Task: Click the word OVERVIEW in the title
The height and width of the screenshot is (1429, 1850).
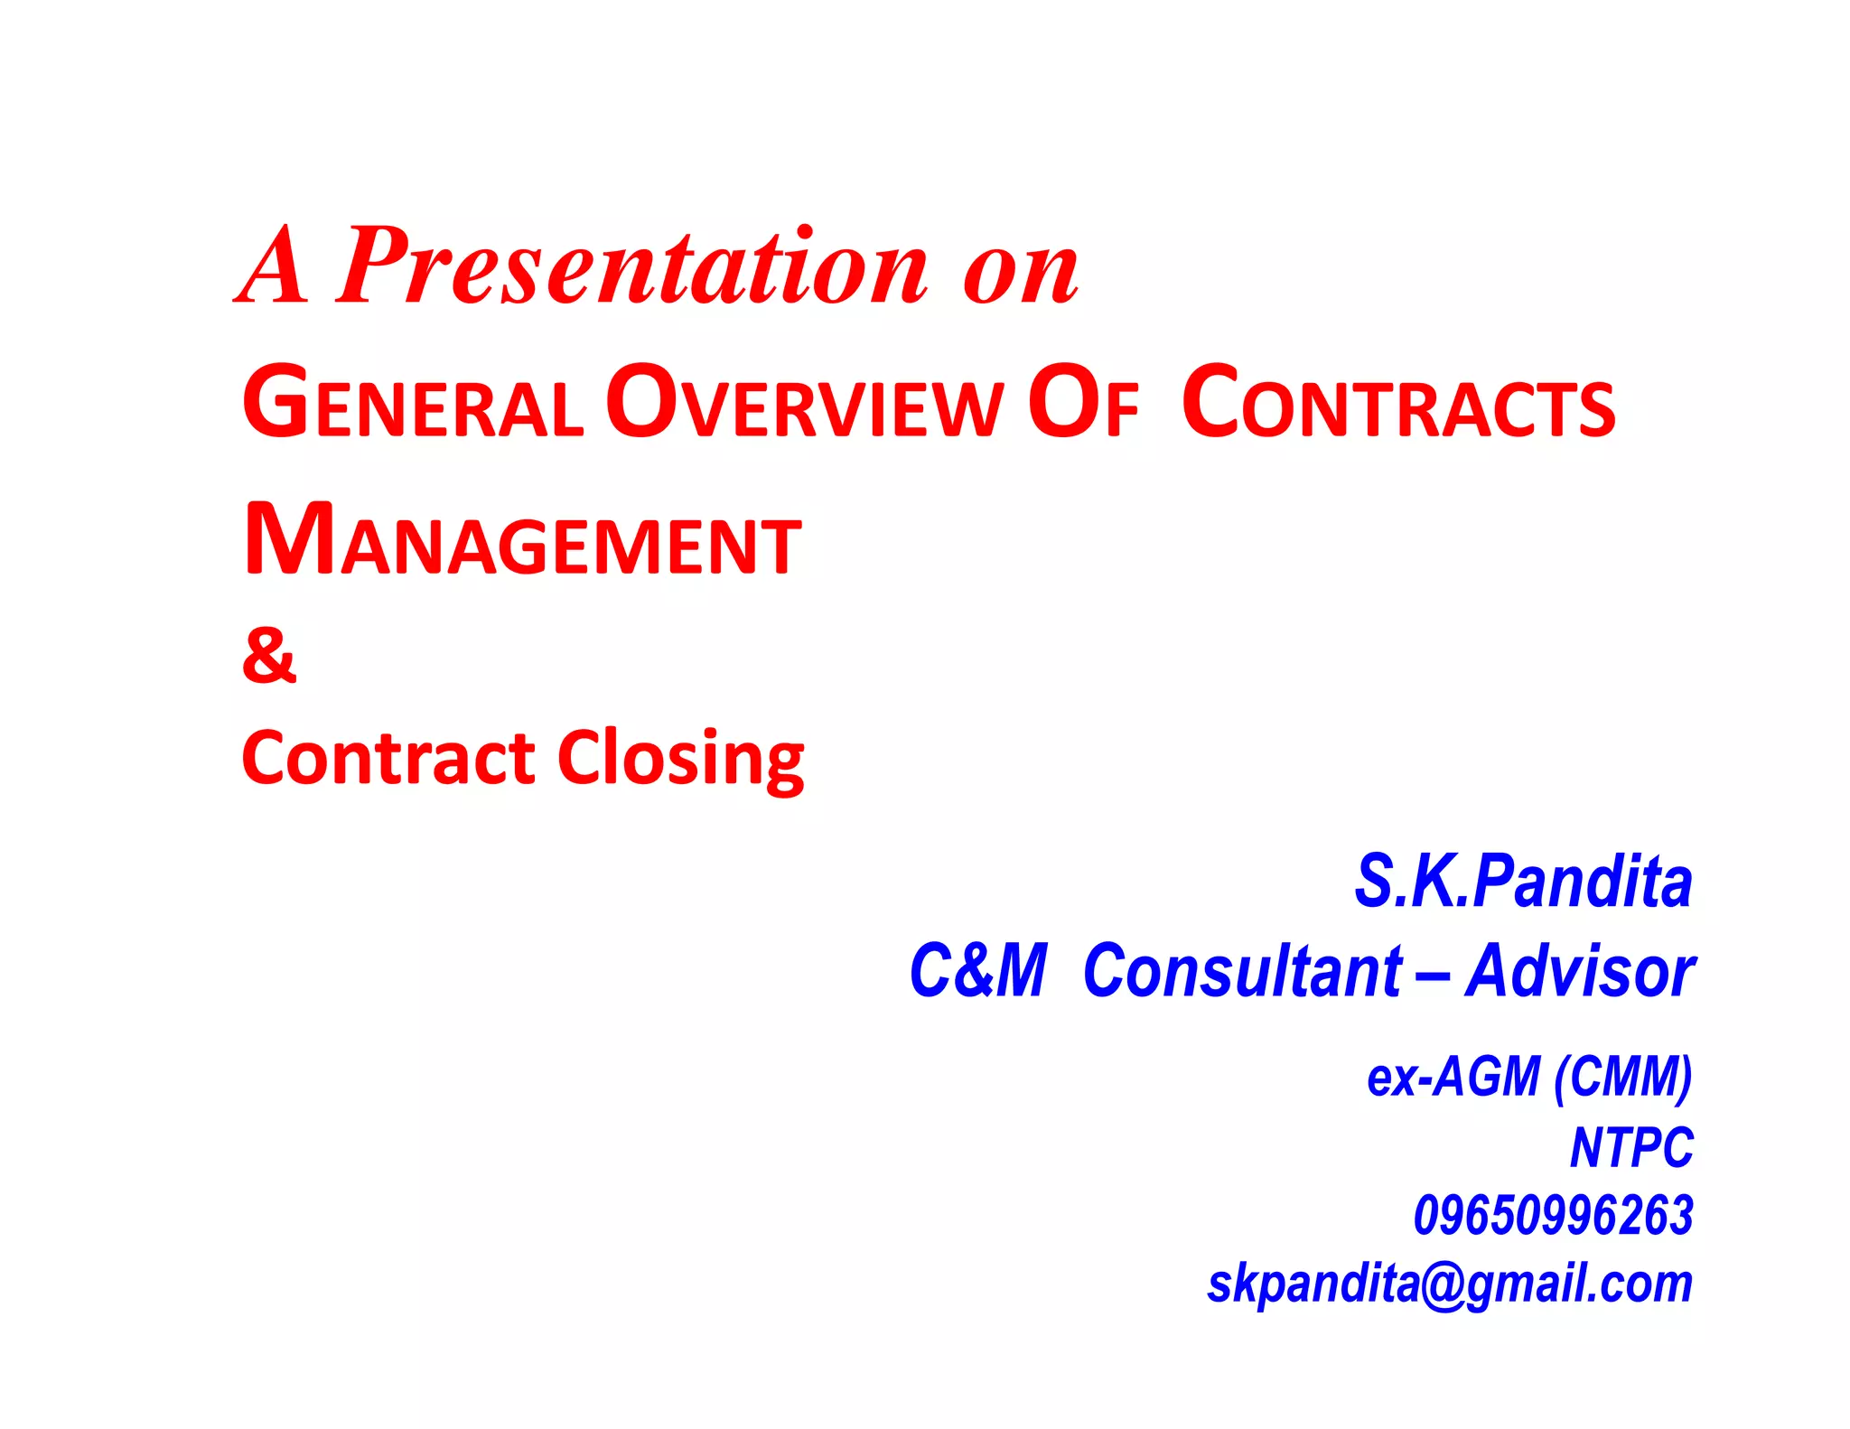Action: click(x=804, y=404)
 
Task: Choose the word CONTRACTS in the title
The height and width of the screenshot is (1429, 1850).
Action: click(x=1398, y=404)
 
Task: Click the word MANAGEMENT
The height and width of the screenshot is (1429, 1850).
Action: click(x=522, y=541)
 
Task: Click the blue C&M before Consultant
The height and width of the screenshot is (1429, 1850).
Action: click(x=977, y=971)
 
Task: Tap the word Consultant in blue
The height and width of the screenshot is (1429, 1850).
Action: click(x=1242, y=971)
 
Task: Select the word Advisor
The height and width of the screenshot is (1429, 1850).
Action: click(x=1580, y=971)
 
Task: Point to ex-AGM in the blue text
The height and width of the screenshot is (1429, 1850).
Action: click(x=1453, y=1077)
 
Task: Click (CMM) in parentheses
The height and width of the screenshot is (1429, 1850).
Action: click(x=1622, y=1077)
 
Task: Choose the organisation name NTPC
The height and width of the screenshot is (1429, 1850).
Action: click(x=1631, y=1147)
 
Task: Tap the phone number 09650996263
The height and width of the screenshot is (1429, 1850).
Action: click(x=1553, y=1215)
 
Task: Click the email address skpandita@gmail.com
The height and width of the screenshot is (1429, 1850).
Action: click(x=1449, y=1283)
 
